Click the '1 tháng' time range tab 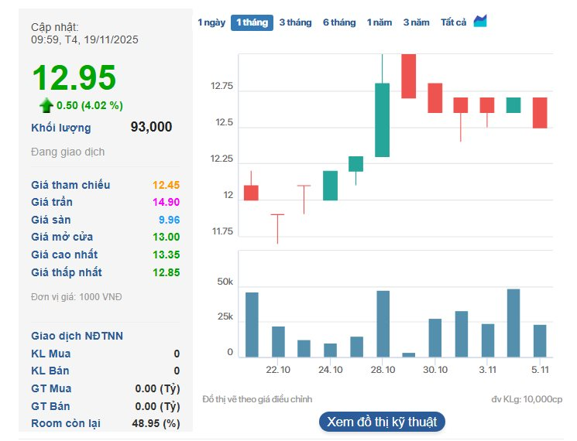(252, 22)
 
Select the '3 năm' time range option (416, 22)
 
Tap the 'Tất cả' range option (453, 22)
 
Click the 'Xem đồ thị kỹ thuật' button (382, 422)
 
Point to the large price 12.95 (74, 77)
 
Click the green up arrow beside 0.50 (46, 105)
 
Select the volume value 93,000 (151, 128)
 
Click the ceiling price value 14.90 (166, 202)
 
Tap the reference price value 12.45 (166, 185)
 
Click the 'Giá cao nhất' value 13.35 (166, 255)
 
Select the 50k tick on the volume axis (225, 282)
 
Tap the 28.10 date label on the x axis (383, 370)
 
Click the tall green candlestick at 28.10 (382, 120)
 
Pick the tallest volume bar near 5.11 (513, 323)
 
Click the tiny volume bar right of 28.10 (409, 354)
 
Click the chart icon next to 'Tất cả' (480, 21)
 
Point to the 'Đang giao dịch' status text (67, 152)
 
